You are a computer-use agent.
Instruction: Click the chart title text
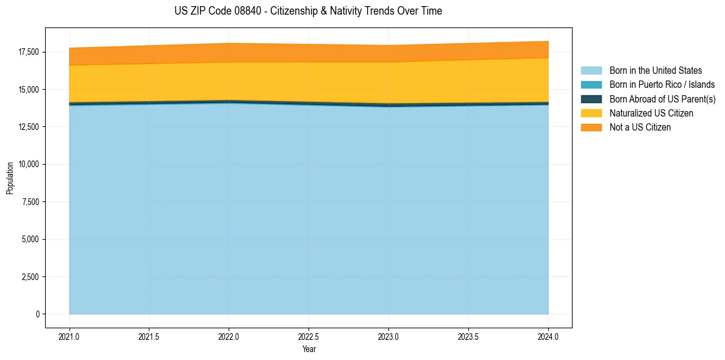click(x=308, y=11)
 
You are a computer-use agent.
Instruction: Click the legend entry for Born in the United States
click(x=655, y=71)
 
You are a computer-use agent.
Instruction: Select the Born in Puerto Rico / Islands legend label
click(x=662, y=85)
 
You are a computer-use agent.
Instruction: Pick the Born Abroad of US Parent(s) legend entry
click(x=662, y=99)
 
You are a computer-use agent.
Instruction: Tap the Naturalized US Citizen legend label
click(x=651, y=113)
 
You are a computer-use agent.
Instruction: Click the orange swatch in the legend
click(x=591, y=128)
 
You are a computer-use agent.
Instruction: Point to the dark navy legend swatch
click(x=591, y=99)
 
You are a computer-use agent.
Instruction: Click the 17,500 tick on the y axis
click(x=29, y=52)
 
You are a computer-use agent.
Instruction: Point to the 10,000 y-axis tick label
click(x=29, y=165)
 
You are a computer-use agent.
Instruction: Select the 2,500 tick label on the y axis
click(x=30, y=277)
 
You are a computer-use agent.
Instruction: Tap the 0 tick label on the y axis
click(x=37, y=314)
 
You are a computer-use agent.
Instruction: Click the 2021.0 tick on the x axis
click(x=70, y=336)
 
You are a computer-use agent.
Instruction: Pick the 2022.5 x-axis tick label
click(x=309, y=336)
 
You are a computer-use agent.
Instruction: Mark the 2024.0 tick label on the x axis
click(x=548, y=336)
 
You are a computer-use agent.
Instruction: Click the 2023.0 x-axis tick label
click(x=388, y=336)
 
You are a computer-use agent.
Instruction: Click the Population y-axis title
click(x=10, y=178)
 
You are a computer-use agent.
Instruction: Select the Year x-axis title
click(x=309, y=349)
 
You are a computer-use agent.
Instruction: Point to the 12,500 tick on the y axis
click(x=29, y=127)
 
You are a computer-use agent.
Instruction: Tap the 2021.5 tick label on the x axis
click(x=149, y=336)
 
